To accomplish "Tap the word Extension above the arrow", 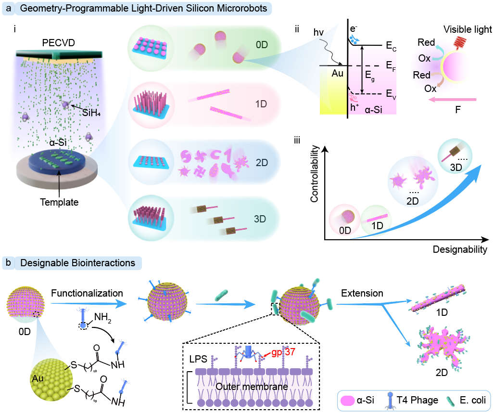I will coord(362,292).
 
